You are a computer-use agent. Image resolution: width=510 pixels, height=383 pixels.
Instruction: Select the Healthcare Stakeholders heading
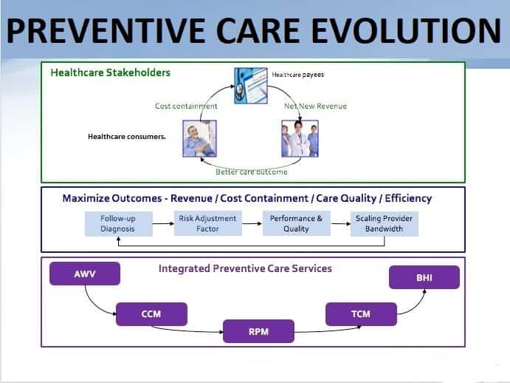point(110,72)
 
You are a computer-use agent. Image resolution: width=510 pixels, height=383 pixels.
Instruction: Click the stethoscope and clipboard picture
point(250,84)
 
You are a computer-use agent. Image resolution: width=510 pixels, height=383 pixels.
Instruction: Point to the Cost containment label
point(186,106)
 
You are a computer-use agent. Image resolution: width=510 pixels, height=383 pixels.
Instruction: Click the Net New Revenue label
point(315,106)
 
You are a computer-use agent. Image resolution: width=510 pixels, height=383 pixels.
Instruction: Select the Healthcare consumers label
point(127,137)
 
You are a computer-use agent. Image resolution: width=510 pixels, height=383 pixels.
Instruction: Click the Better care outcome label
point(251,172)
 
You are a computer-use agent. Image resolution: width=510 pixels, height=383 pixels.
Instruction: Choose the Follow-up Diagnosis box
point(118,223)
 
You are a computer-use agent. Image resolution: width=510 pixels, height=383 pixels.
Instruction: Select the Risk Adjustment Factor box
point(207,223)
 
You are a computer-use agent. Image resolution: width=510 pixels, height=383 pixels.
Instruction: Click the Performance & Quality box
point(296,223)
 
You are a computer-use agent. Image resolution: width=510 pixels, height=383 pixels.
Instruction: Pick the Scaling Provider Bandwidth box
point(384,223)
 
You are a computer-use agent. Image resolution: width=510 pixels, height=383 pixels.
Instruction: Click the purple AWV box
point(85,274)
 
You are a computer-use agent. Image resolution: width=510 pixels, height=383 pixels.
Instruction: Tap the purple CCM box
point(151,314)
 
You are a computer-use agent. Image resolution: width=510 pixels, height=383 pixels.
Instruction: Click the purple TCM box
point(360,314)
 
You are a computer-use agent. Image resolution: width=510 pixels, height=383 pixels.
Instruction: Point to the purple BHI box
point(424,277)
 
